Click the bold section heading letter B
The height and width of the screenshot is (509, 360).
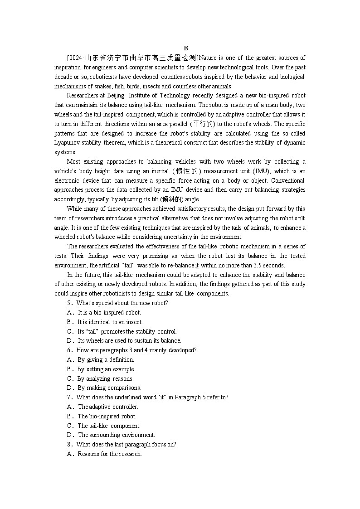[186, 48]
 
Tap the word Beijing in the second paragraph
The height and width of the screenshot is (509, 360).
[116, 96]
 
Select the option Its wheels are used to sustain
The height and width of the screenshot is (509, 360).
[129, 341]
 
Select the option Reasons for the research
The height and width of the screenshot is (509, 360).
[110, 454]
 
